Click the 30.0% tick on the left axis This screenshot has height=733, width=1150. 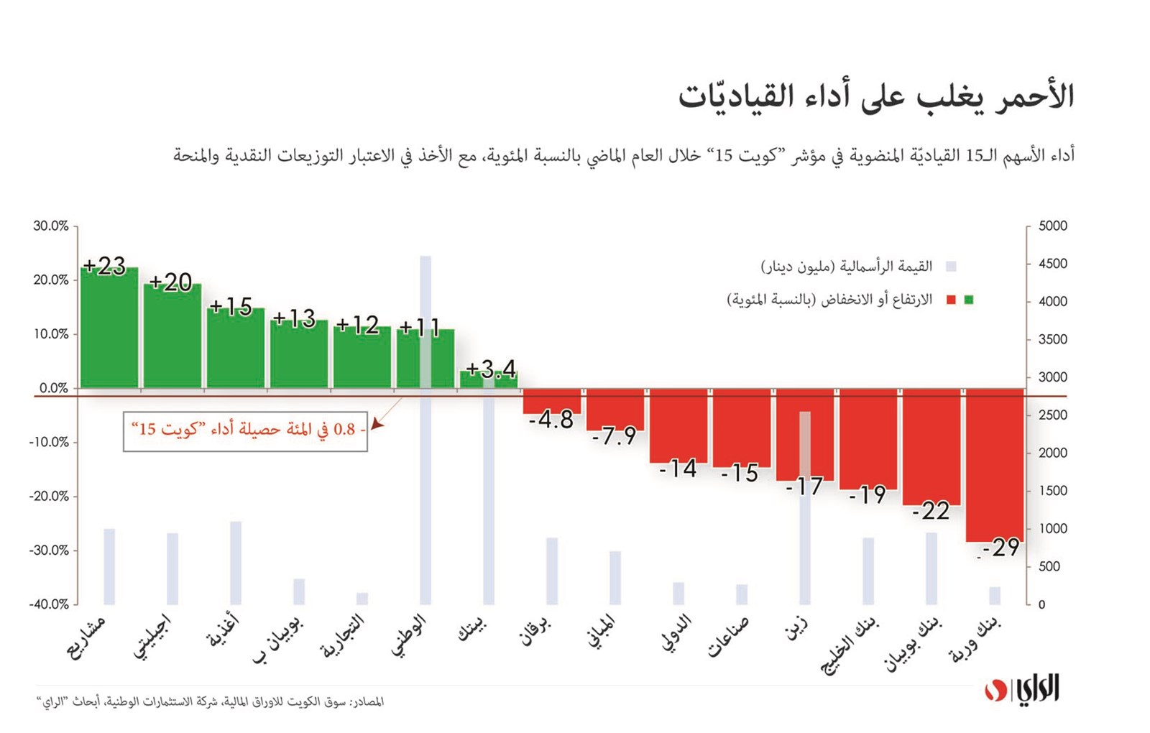coord(51,226)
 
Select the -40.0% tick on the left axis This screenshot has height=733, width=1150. coord(50,604)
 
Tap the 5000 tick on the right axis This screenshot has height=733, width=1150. coord(1053,226)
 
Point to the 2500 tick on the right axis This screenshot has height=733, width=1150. coord(1053,415)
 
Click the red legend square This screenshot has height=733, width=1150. coord(952,300)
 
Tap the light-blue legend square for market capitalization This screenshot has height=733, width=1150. coord(952,267)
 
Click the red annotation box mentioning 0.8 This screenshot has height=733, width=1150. coord(245,431)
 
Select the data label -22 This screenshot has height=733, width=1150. coord(931,511)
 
